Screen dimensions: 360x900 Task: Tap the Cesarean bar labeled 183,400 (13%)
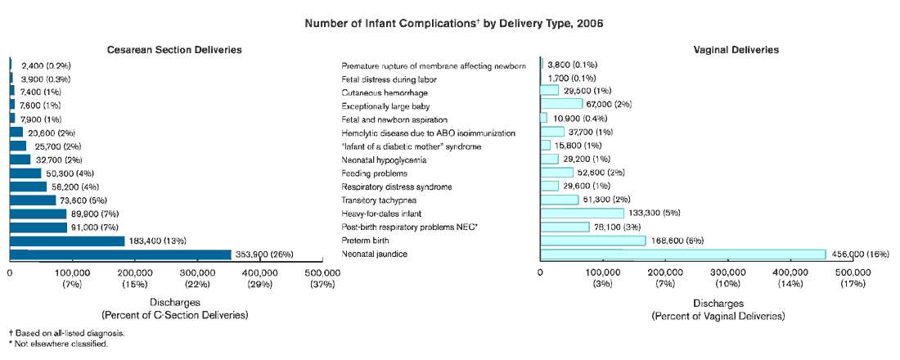click(x=67, y=241)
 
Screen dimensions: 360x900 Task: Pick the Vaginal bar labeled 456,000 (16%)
click(x=683, y=254)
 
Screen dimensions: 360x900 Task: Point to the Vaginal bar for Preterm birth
click(x=593, y=241)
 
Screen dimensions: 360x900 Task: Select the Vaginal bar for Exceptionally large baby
click(x=561, y=104)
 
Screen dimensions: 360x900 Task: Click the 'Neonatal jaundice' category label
click(x=374, y=254)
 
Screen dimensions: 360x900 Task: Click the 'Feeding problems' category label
click(x=374, y=173)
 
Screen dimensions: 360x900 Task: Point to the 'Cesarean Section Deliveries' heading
click(x=174, y=50)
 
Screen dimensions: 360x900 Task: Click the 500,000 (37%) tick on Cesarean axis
click(x=322, y=277)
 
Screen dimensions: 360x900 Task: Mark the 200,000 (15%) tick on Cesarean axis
click(x=134, y=277)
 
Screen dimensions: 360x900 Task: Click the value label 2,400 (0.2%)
click(x=46, y=65)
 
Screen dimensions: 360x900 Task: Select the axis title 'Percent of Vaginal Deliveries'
click(x=718, y=315)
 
